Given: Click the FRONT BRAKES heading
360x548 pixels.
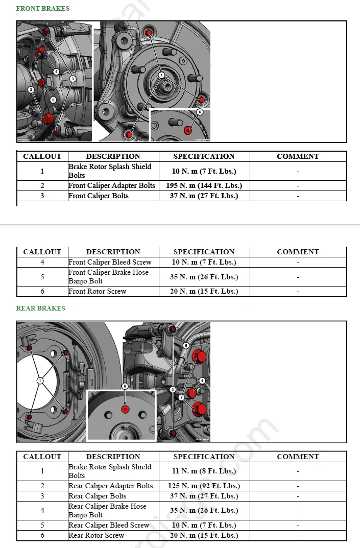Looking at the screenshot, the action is tap(43, 8).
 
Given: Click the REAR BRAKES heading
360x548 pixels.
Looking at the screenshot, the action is tap(40, 308).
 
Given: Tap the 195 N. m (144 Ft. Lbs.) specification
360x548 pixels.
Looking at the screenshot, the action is tap(204, 185).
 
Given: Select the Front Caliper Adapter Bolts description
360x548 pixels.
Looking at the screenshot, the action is tap(112, 185).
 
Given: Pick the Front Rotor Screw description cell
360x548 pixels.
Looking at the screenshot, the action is tap(97, 291).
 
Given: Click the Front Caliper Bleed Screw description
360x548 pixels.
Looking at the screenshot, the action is tap(110, 262).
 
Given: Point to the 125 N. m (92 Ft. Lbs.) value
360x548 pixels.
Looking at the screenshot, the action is tap(204, 486).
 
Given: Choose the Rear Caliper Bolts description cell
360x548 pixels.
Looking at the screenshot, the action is tap(98, 496).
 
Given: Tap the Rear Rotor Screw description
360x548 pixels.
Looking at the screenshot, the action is tap(97, 535).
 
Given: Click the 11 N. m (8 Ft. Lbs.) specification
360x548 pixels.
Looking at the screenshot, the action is tap(204, 471).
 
